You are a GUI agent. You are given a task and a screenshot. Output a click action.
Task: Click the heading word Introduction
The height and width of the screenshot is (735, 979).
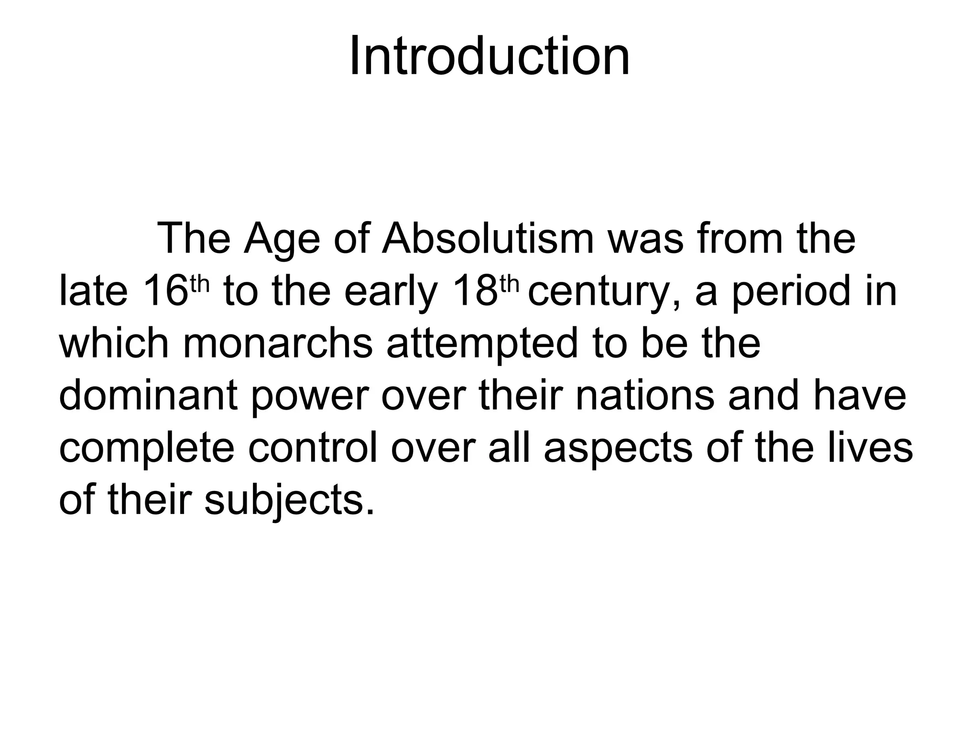click(x=489, y=57)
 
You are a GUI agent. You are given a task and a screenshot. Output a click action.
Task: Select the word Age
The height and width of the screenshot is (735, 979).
click(x=282, y=239)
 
